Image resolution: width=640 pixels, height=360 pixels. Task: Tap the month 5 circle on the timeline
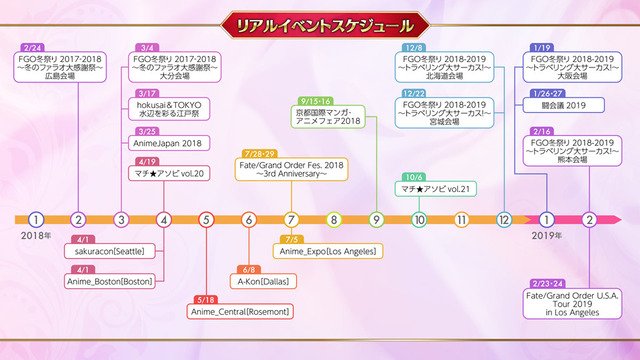(x=206, y=219)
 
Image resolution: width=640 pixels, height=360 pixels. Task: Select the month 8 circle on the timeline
(x=334, y=219)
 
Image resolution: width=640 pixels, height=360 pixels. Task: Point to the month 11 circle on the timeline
(x=462, y=219)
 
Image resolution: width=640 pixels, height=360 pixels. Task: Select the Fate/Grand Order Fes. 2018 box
(x=292, y=167)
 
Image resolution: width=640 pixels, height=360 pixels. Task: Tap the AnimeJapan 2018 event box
(x=168, y=143)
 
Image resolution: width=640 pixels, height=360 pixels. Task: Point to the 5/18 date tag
(x=206, y=299)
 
